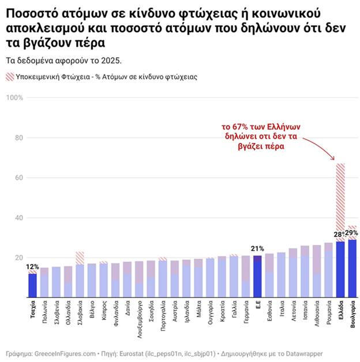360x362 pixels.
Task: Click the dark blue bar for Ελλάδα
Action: tap(340, 269)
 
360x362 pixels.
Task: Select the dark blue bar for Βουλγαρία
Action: tap(352, 269)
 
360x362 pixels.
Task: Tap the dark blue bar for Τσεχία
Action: tap(32, 285)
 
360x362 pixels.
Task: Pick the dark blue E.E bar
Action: tap(257, 277)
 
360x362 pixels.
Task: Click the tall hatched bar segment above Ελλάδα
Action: tap(340, 202)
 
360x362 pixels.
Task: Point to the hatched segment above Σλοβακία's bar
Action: tap(80, 258)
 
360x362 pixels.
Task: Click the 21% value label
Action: tap(257, 248)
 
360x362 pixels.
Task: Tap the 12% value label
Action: tap(32, 267)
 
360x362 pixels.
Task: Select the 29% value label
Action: tap(351, 233)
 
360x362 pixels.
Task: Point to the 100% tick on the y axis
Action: tap(14, 97)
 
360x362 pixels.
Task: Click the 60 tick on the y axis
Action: tap(19, 178)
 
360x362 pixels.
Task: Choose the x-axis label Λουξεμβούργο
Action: tap(140, 319)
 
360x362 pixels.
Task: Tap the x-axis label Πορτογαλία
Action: tap(163, 315)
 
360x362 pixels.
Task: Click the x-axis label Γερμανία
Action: tap(246, 312)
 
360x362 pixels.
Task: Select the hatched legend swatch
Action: tap(10, 77)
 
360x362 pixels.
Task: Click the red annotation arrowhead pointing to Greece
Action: tap(333, 158)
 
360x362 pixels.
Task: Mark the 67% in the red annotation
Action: tap(240, 127)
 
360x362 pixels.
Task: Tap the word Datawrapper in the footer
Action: tap(304, 354)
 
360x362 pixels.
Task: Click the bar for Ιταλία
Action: tap(281, 275)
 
